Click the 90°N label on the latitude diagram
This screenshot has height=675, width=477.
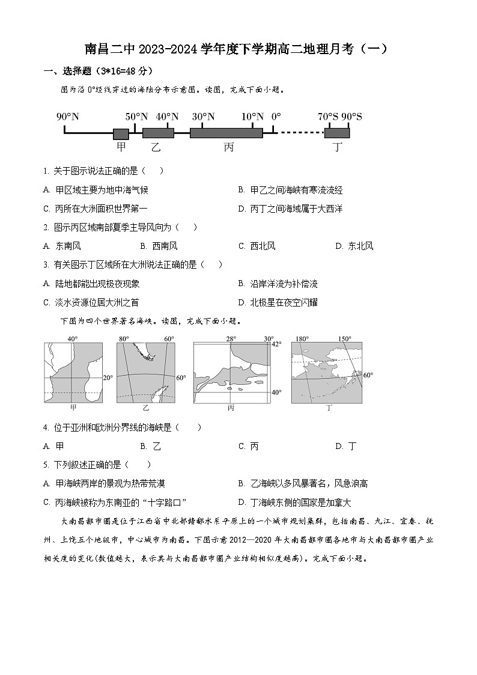[68, 117]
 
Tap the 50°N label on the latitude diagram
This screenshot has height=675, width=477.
[136, 117]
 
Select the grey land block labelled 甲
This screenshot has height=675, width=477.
[121, 133]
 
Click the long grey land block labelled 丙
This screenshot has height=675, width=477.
[226, 133]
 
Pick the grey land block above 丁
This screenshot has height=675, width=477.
[337, 133]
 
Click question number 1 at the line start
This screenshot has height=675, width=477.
[46, 171]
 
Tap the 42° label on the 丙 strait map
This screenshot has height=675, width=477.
[276, 344]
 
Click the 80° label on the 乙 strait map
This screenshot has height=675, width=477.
[124, 339]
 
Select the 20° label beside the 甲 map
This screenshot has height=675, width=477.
[108, 378]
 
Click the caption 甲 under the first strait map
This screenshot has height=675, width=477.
[73, 408]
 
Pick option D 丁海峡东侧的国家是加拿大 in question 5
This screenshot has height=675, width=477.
[294, 502]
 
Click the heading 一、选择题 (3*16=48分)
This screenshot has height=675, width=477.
[96, 71]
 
